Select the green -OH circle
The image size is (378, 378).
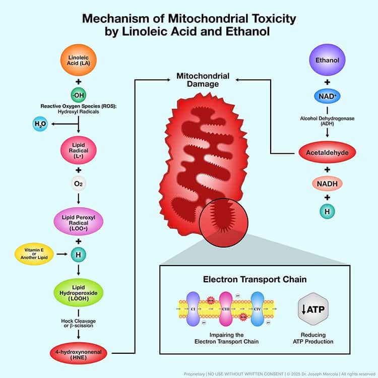tap(77, 94)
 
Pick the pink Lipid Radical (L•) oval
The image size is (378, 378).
tap(77, 149)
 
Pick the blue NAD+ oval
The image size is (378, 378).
tap(327, 95)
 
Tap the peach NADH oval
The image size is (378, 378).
tap(327, 183)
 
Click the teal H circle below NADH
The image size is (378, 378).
tap(327, 212)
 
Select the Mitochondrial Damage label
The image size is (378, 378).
tap(203, 80)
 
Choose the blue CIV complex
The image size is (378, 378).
tap(257, 307)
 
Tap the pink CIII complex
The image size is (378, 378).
tap(225, 307)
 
